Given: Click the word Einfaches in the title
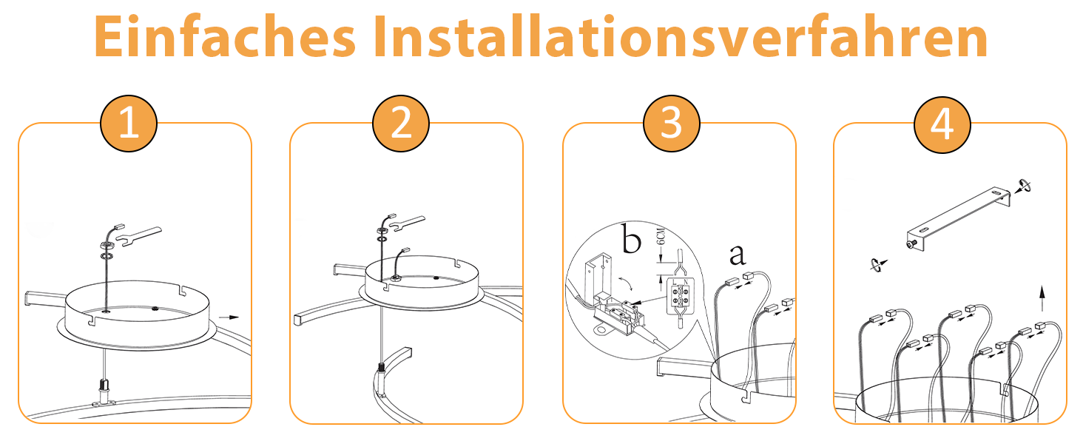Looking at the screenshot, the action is point(225,37).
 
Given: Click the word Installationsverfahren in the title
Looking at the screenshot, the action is point(681,37).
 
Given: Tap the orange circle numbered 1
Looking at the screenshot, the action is point(129,124).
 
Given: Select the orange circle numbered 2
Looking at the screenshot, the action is point(401,124).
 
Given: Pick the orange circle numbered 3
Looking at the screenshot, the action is point(672,124).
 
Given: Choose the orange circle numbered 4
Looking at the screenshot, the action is point(942,124).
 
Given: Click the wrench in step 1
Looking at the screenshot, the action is point(140,235).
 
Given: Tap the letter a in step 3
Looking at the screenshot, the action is point(738,255).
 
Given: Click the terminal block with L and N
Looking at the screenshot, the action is point(681,297).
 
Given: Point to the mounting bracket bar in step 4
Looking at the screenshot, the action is point(959,218).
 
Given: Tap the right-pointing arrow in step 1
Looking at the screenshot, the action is point(229,317).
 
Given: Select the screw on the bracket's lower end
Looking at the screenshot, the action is point(912,244).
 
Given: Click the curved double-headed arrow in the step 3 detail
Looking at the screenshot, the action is point(626,284).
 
